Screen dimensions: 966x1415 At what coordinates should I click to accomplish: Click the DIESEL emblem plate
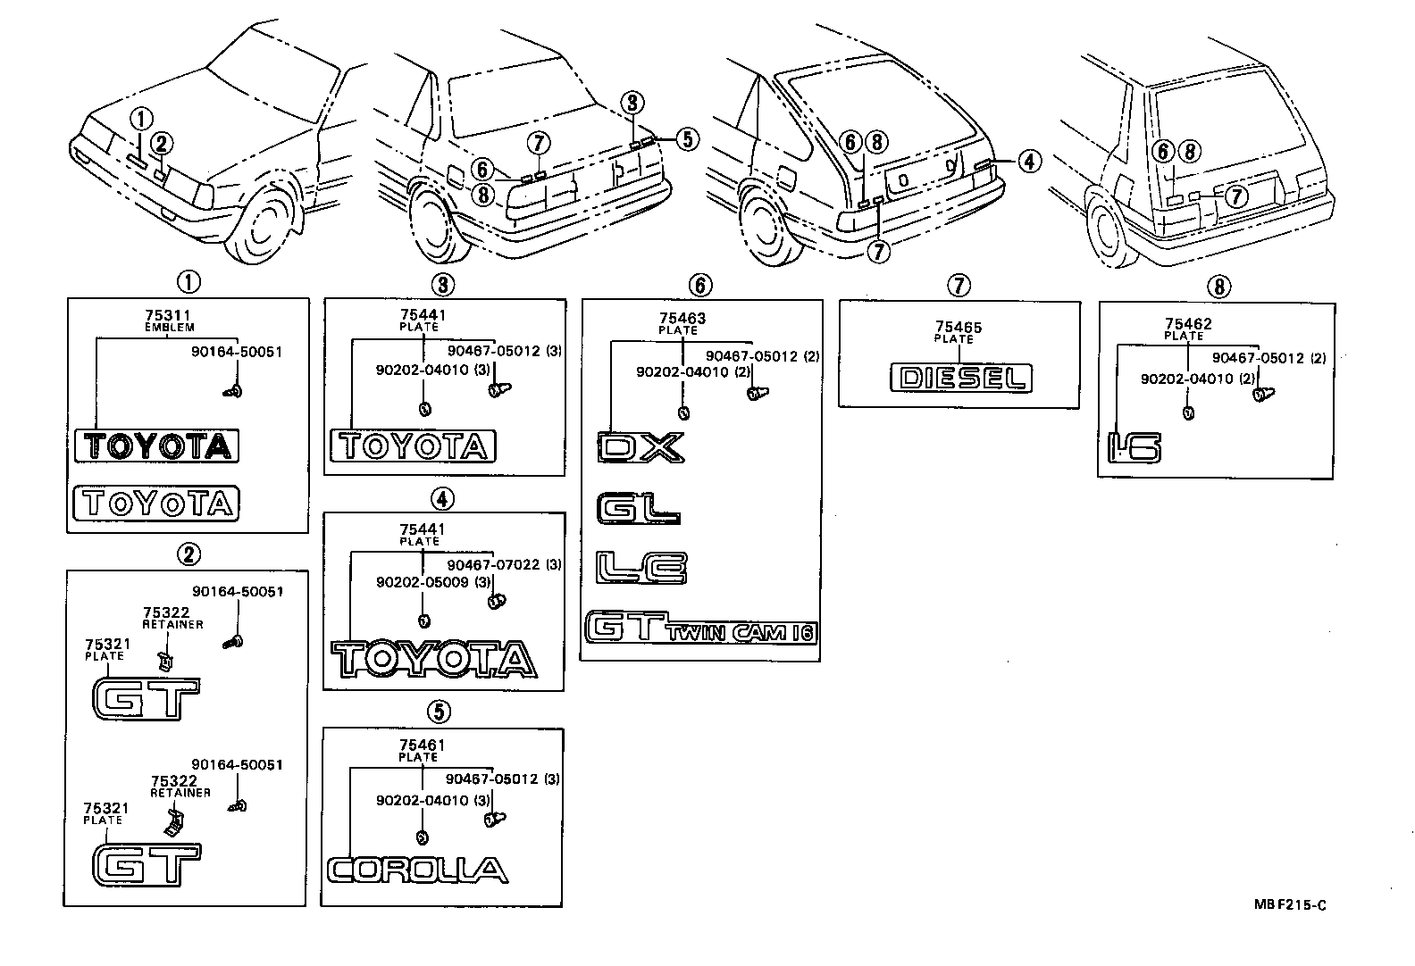pos(960,378)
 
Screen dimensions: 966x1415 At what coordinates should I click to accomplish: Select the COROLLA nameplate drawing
pos(417,870)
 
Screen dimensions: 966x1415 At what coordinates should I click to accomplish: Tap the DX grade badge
pos(640,447)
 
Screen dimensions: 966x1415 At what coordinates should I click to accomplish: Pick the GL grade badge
pos(638,509)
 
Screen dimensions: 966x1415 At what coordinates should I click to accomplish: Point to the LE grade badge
pos(641,568)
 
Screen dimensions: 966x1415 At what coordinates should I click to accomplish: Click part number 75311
pos(169,316)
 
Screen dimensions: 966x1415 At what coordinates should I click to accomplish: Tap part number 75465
pos(959,328)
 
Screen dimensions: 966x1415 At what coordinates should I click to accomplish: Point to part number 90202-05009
pos(421,582)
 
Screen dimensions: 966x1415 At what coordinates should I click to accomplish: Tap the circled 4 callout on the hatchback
pos(1029,162)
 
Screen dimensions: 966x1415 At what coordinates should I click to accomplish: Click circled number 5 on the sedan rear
pos(686,138)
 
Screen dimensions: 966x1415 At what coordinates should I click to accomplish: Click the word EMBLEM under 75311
pos(169,328)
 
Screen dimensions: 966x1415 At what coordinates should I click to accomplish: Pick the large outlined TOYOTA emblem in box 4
pos(433,660)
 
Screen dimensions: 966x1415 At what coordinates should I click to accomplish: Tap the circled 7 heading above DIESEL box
pos(957,286)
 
